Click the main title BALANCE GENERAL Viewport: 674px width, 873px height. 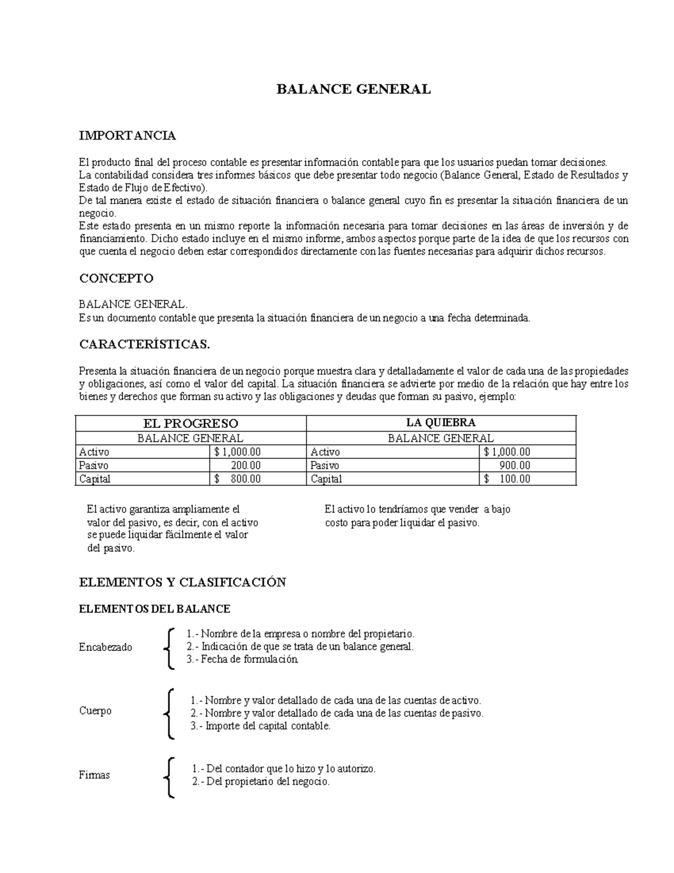(x=353, y=89)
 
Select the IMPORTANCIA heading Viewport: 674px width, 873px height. (x=127, y=135)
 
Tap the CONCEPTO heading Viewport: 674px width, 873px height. (x=116, y=278)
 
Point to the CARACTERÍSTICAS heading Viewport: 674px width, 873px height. (x=144, y=345)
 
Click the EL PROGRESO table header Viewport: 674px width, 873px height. (x=191, y=423)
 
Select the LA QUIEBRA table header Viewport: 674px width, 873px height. (x=441, y=423)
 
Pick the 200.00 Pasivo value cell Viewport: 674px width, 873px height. (x=245, y=465)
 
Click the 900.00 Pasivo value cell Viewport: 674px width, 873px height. (x=514, y=465)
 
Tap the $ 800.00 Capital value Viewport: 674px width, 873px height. (x=238, y=479)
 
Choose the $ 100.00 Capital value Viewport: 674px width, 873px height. (x=507, y=479)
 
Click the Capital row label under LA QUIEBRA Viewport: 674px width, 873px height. (x=326, y=479)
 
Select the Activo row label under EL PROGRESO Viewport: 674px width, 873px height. (x=94, y=452)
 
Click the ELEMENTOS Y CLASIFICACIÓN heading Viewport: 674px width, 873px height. (x=183, y=582)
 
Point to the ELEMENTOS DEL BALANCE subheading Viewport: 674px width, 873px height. (x=154, y=609)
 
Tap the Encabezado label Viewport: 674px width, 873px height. (x=106, y=647)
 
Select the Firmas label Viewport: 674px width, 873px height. (x=94, y=775)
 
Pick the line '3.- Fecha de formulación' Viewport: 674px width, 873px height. (x=242, y=659)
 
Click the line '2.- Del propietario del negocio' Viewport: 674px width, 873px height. (x=261, y=781)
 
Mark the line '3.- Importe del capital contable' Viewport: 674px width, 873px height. (x=261, y=726)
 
